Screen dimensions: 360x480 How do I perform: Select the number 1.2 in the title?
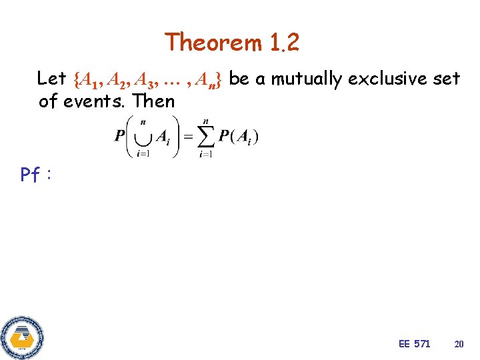[285, 43]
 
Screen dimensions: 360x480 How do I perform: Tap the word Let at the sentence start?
[51, 79]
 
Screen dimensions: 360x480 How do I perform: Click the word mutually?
[307, 79]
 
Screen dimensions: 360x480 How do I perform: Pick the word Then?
[154, 101]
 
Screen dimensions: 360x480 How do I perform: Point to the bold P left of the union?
[119, 137]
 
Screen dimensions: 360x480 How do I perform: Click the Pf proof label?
[34, 175]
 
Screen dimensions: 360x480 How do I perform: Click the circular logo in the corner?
[22, 337]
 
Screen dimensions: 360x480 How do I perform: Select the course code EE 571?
[414, 344]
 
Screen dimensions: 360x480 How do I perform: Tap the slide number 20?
[459, 344]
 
